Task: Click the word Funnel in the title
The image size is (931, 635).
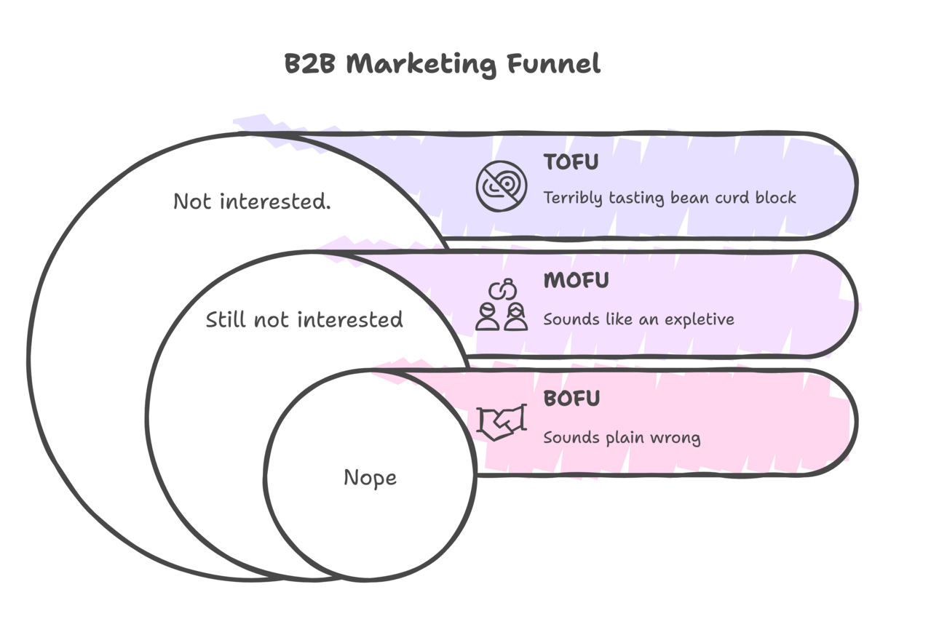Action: pos(555,64)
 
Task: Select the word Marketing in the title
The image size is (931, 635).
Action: pos(422,65)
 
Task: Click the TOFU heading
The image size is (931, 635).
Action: pos(571,162)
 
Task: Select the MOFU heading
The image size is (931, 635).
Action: pos(576,280)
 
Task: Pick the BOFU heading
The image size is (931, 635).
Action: pos(571,399)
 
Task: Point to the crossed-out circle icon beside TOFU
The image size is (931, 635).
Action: pos(501,185)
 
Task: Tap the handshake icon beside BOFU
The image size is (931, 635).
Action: pos(501,422)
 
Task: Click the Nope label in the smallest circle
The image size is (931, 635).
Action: pos(370,478)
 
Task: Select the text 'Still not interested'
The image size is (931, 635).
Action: pos(304,319)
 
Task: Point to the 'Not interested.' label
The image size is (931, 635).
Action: pos(252,201)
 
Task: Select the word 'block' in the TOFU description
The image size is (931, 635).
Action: pos(774,197)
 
